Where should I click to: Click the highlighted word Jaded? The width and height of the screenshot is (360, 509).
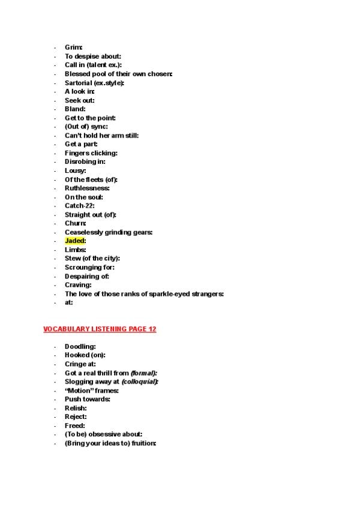click(x=74, y=241)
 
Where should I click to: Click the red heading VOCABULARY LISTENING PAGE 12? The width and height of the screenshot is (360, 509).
click(x=100, y=330)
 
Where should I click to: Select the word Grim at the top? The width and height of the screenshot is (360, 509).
click(x=73, y=47)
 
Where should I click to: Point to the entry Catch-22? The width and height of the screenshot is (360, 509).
click(x=79, y=205)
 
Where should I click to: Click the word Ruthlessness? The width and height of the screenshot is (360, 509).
click(x=86, y=188)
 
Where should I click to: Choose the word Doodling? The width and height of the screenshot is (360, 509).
click(x=79, y=346)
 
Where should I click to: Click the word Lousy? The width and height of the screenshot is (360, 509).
click(x=74, y=170)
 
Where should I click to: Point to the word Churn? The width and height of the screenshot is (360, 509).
click(x=74, y=223)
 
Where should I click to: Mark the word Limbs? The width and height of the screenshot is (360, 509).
click(x=74, y=250)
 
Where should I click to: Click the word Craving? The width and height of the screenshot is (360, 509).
click(x=77, y=285)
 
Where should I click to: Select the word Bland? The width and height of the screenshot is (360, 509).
click(x=74, y=109)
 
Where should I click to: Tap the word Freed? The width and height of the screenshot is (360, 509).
click(x=74, y=426)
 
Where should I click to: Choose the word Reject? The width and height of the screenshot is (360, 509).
click(x=74, y=417)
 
